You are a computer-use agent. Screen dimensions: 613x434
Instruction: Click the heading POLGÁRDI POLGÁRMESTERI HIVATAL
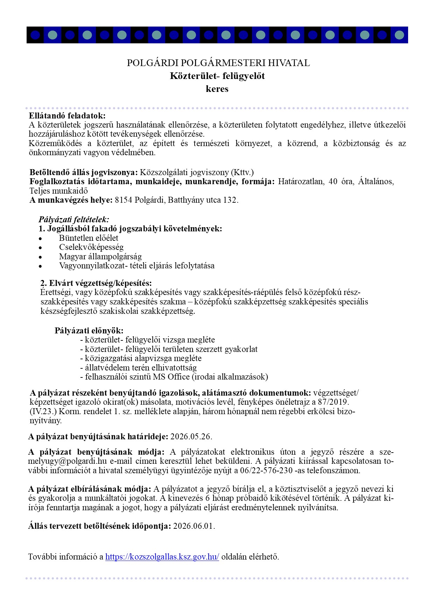(218, 63)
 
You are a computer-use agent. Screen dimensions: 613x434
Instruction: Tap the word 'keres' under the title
(217, 89)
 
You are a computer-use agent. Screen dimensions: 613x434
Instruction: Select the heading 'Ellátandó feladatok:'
(67, 116)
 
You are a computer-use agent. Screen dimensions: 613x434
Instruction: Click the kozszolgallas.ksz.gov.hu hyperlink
(162, 557)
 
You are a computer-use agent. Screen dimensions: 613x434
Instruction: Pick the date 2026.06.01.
(194, 526)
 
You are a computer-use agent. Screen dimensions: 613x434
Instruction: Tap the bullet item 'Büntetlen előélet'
(89, 238)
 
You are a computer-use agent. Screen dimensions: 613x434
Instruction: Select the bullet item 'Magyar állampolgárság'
(100, 257)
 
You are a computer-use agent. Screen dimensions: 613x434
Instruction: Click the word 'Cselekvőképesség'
(91, 247)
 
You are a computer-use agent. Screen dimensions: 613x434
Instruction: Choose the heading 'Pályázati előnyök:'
(89, 331)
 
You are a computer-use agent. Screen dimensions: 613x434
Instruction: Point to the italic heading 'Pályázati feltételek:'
(74, 219)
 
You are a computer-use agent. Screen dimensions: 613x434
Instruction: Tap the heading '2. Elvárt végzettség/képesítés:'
(96, 283)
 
